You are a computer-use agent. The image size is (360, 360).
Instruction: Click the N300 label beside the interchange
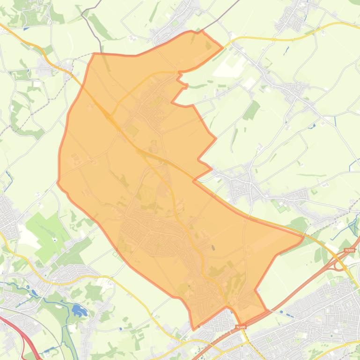tap(349, 251)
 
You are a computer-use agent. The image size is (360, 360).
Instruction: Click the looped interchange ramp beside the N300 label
tap(338, 264)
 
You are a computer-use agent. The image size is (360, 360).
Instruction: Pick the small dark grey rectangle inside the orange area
tap(213, 248)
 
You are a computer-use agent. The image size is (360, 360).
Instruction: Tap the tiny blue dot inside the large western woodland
tap(55, 239)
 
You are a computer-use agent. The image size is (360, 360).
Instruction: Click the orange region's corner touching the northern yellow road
tap(222, 47)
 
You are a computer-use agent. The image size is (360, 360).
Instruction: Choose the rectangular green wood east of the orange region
tap(252, 110)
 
